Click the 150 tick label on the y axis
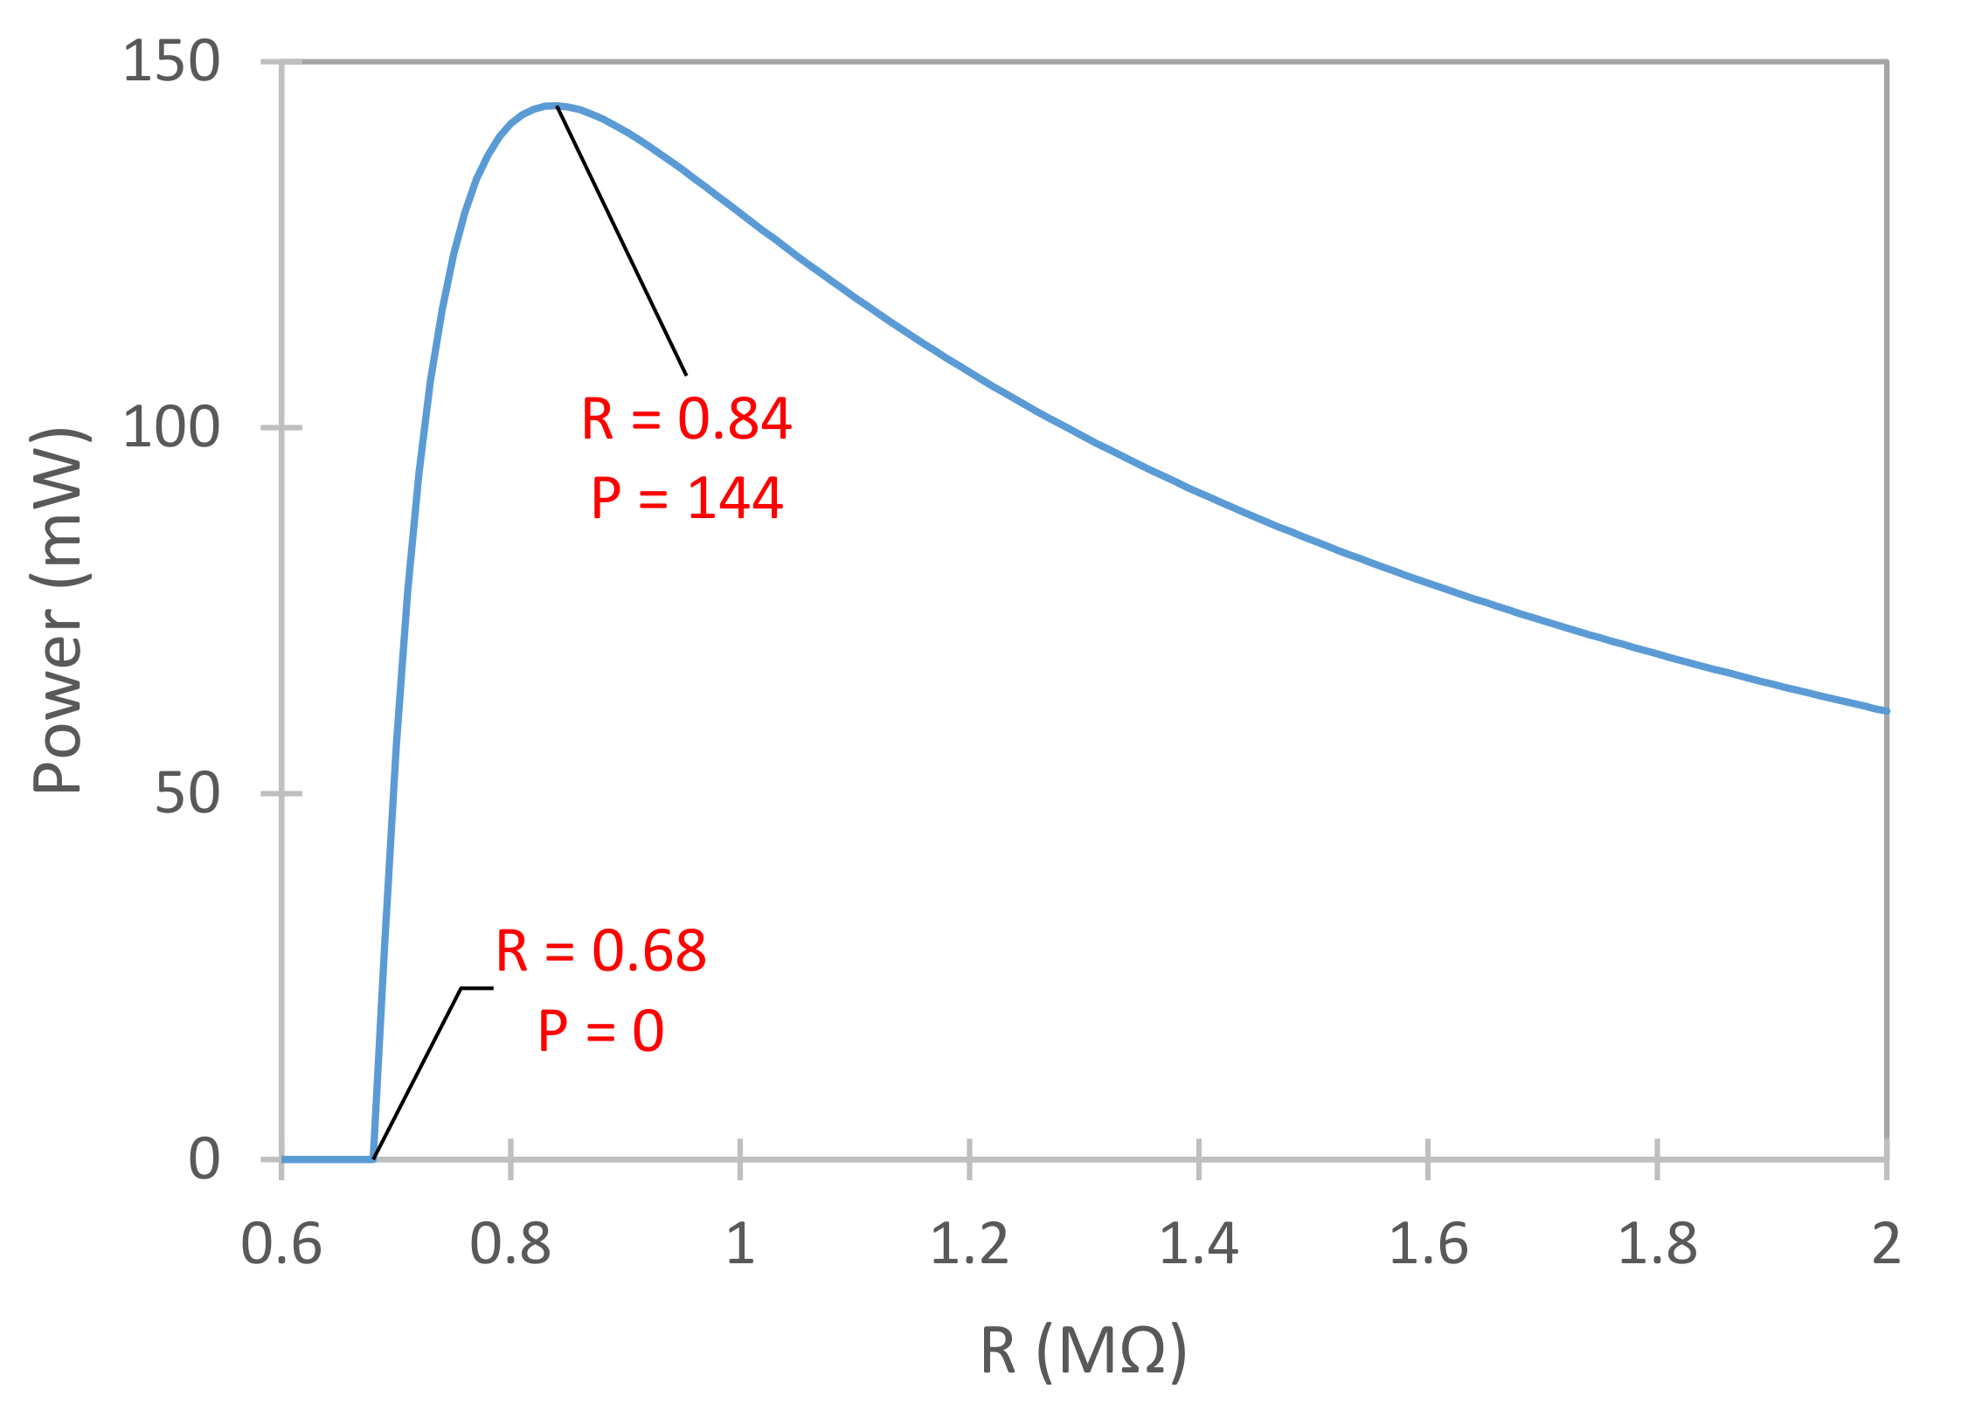point(171,62)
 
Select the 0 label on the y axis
point(204,1159)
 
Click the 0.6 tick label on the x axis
point(281,1244)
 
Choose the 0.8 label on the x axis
point(510,1244)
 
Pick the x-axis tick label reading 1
point(740,1244)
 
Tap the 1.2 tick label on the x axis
point(969,1244)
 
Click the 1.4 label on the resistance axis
point(1199,1244)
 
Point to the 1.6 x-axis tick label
point(1428,1244)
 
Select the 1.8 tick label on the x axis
point(1657,1244)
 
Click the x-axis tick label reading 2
point(1887,1244)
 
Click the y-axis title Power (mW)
point(58,611)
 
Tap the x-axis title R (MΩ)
point(1084,1352)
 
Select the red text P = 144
point(687,498)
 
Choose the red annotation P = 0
point(601,1031)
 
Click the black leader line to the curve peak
point(621,240)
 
